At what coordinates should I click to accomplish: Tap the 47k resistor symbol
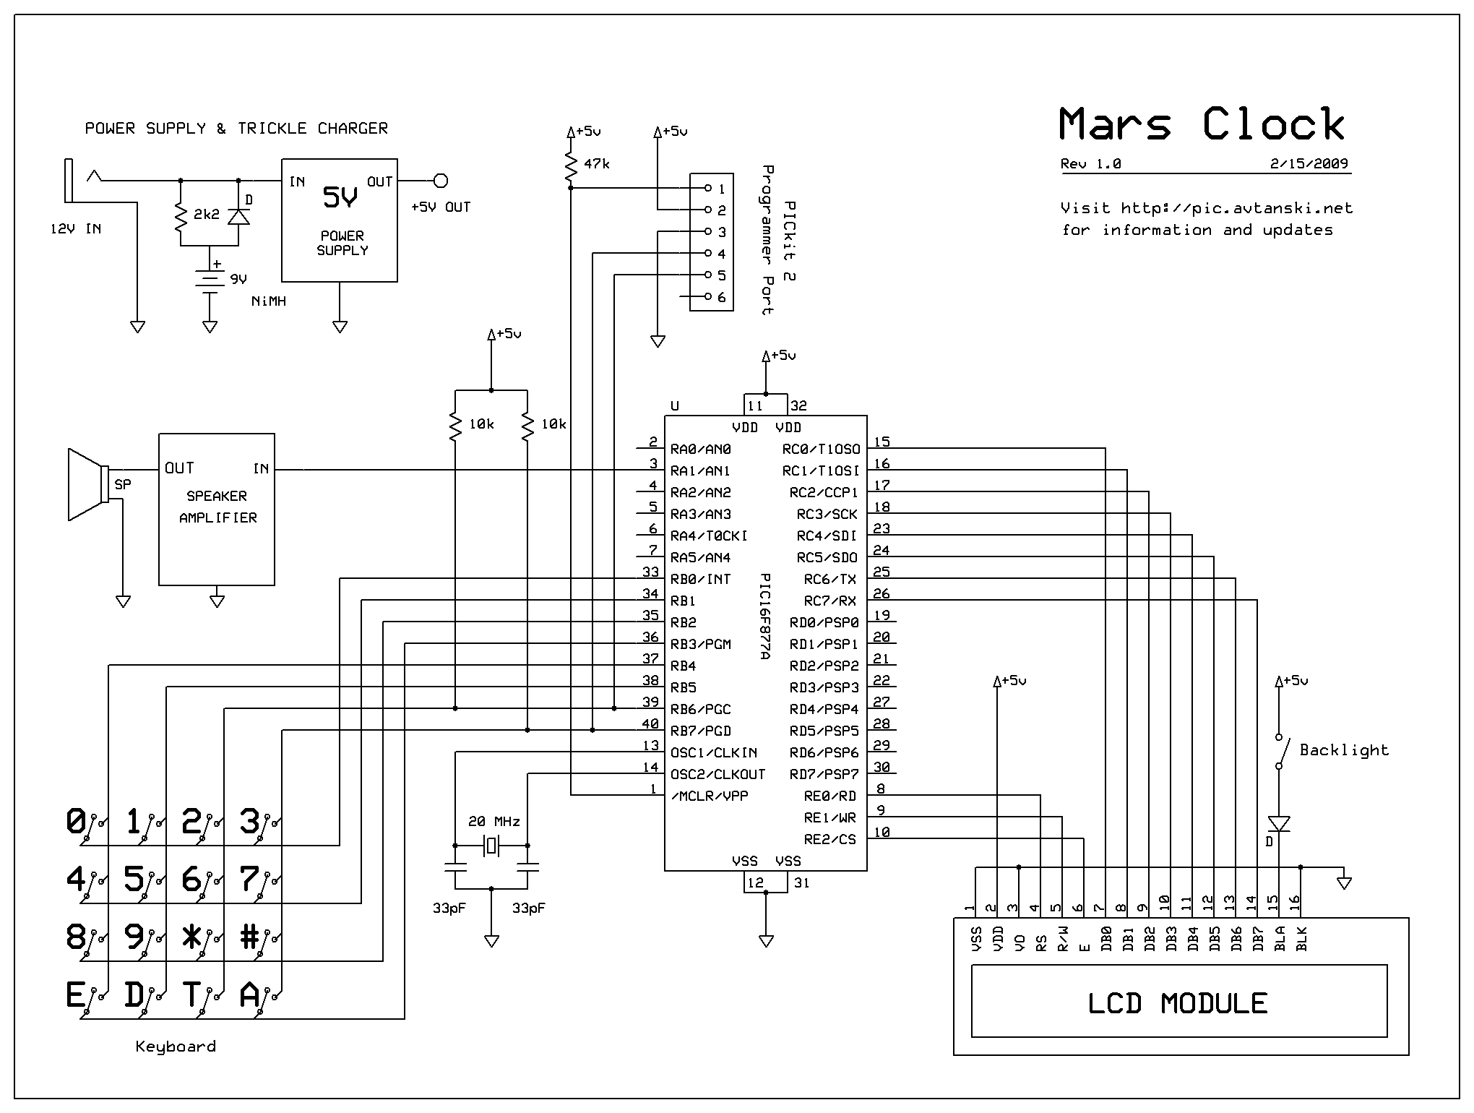[x=571, y=166]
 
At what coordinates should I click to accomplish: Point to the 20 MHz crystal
[x=491, y=845]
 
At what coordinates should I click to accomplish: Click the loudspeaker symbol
[x=87, y=484]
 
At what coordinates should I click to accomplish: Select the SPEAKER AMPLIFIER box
[x=217, y=509]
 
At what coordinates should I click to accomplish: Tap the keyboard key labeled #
[x=250, y=937]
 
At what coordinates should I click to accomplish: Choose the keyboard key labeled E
[x=75, y=996]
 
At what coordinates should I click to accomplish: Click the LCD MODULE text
[x=1178, y=1003]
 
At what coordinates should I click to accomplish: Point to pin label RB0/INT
[x=700, y=579]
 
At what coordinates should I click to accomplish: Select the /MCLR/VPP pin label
[x=709, y=796]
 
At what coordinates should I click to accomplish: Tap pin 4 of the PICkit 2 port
[x=708, y=254]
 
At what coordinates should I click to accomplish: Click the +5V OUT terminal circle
[x=440, y=181]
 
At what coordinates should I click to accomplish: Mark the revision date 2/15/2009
[x=1309, y=163]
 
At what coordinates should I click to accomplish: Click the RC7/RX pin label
[x=829, y=601]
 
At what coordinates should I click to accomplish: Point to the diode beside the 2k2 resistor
[x=238, y=216]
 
